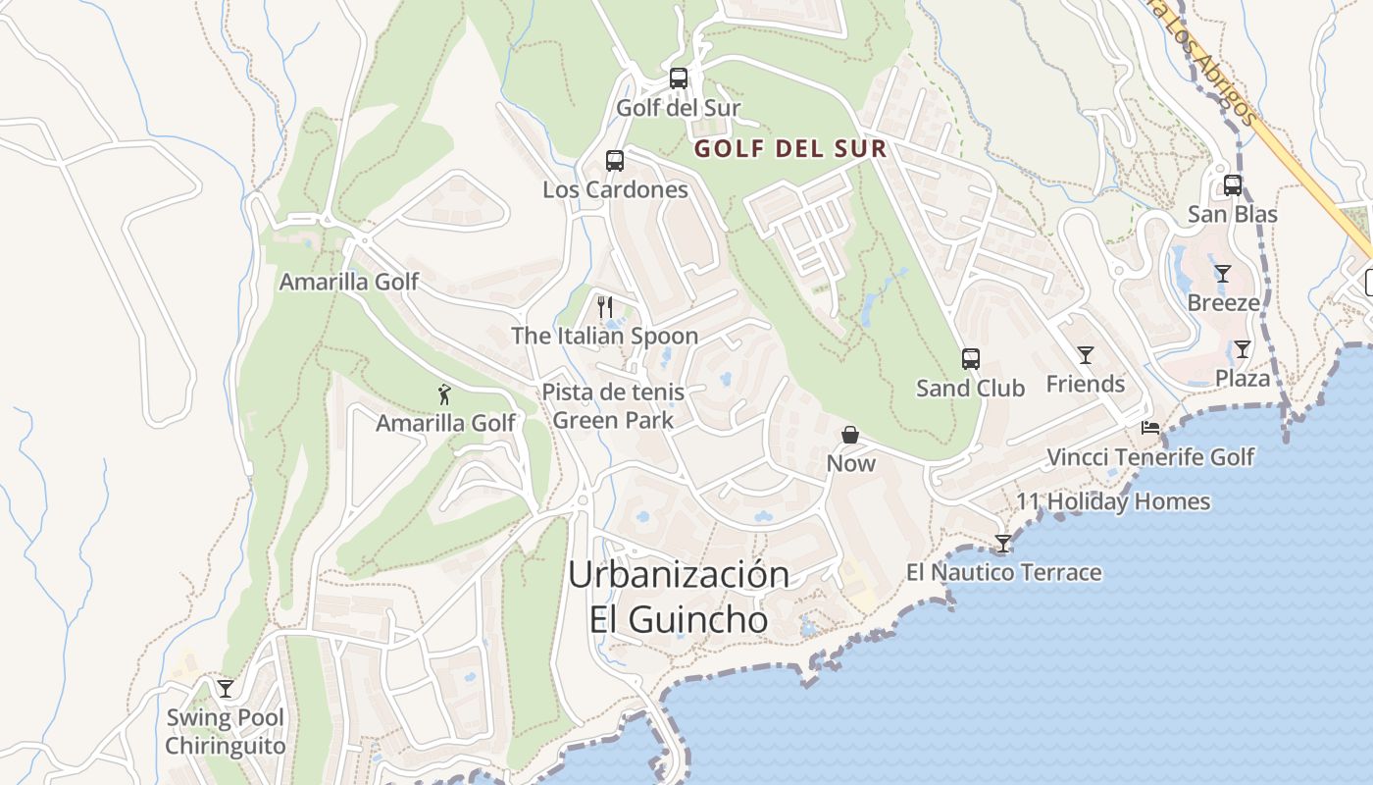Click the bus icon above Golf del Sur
678,78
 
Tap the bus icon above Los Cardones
615,161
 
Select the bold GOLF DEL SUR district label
790,149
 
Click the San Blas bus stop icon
1233,185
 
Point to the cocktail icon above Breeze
1222,274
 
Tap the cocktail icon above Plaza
1243,349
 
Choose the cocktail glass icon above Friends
1085,355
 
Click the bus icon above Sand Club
970,359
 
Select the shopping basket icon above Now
850,435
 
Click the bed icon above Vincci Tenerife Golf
1150,428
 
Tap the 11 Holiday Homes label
1113,501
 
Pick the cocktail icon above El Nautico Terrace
1003,544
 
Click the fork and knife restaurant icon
604,307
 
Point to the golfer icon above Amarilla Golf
444,394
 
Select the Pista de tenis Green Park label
613,406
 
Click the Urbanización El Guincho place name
679,597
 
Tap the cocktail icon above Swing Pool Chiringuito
226,689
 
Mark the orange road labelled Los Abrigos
1304,167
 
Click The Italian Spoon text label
604,336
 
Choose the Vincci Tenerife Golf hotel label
1150,457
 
